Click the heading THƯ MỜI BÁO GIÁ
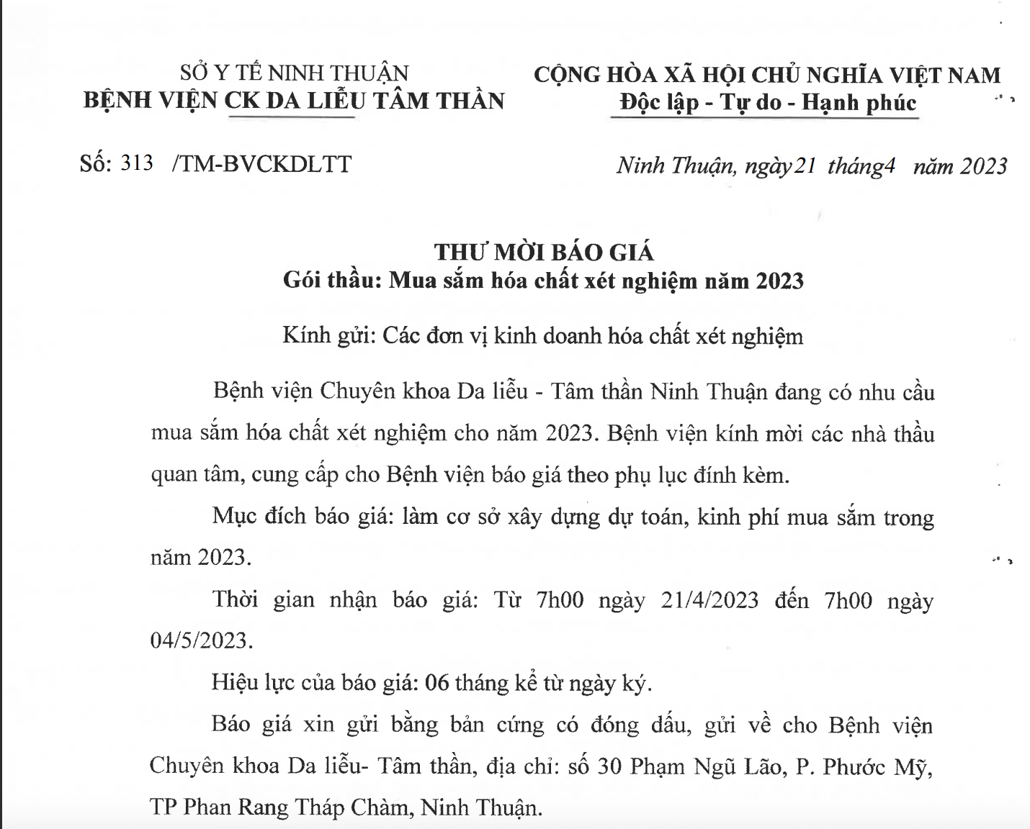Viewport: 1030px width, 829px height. click(x=544, y=252)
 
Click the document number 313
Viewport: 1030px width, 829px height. click(x=137, y=163)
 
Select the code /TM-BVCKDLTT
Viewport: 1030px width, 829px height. click(x=262, y=165)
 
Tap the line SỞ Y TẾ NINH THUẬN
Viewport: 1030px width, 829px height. click(x=294, y=73)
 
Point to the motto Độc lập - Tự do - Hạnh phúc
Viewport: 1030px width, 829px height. click(x=768, y=103)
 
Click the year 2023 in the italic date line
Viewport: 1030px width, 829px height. click(x=983, y=166)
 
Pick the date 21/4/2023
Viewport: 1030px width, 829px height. click(x=709, y=600)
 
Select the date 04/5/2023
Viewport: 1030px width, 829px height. click(x=201, y=640)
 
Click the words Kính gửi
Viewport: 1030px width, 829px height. click(x=326, y=336)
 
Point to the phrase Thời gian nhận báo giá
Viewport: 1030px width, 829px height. click(x=344, y=600)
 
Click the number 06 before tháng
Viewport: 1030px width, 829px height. click(x=437, y=682)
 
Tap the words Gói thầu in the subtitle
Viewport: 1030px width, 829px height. click(x=331, y=280)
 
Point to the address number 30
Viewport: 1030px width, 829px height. click(x=609, y=766)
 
